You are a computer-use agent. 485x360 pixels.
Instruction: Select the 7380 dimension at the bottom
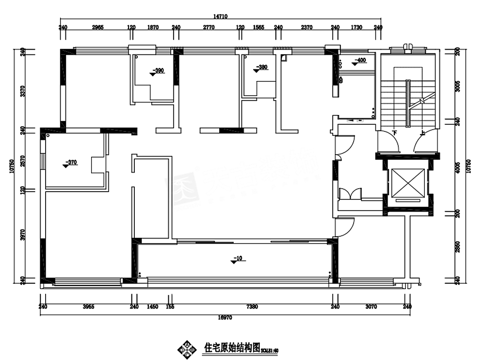click(252, 307)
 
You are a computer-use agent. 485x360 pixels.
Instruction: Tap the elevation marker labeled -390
click(158, 71)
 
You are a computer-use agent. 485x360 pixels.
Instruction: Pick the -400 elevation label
click(359, 61)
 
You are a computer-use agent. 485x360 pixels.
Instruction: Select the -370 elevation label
click(71, 163)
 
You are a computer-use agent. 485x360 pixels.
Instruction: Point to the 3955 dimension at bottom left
click(88, 307)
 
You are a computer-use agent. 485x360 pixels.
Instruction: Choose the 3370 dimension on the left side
click(21, 91)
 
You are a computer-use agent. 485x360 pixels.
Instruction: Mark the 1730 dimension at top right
click(356, 28)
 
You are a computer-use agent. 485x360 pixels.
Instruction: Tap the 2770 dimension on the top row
click(208, 28)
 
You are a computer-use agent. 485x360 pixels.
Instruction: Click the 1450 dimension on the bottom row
click(152, 307)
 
